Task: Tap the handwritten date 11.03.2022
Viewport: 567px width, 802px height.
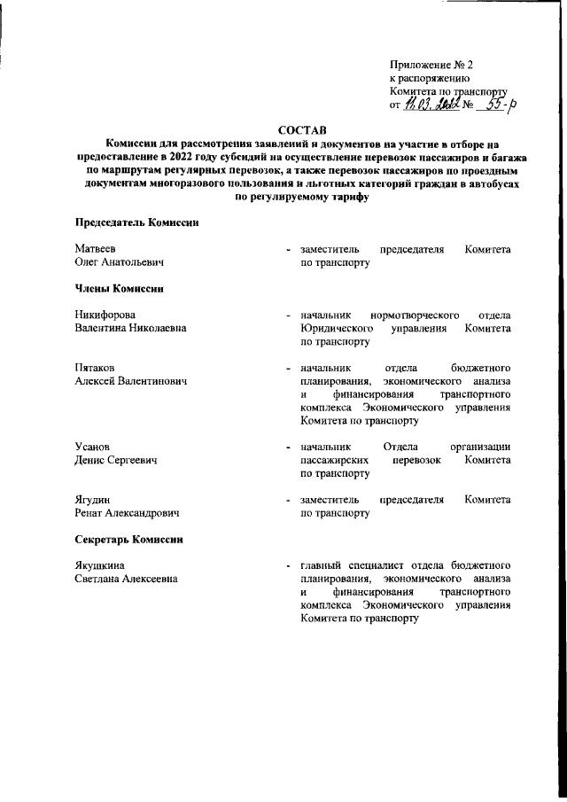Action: pos(431,105)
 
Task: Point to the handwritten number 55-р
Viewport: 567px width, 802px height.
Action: pos(498,104)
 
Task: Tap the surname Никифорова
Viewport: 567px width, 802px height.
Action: pos(106,315)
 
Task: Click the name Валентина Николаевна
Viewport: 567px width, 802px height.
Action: pos(130,328)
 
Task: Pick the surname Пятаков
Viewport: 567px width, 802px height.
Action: pos(95,368)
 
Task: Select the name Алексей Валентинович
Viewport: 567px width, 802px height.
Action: pos(132,381)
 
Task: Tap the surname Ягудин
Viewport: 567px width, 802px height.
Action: pos(93,501)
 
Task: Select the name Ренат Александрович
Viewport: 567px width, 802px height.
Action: pos(127,514)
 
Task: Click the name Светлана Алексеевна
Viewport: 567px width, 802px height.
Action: pos(126,580)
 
